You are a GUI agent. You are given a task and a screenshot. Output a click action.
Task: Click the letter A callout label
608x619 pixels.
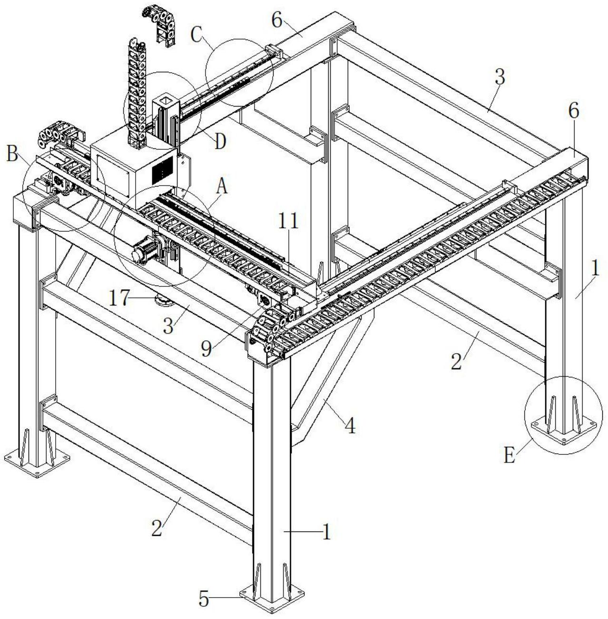tap(222, 187)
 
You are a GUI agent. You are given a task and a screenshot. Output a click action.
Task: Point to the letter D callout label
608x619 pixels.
tap(219, 141)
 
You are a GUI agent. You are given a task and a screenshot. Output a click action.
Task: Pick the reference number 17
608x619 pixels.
tap(118, 298)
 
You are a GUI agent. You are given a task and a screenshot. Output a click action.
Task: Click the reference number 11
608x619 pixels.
tap(289, 221)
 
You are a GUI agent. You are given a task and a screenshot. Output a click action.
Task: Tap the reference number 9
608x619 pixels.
tap(206, 349)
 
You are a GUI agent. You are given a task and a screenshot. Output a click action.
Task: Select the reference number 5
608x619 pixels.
tap(204, 599)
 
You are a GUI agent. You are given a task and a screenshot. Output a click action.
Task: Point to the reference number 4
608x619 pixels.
tap(350, 426)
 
